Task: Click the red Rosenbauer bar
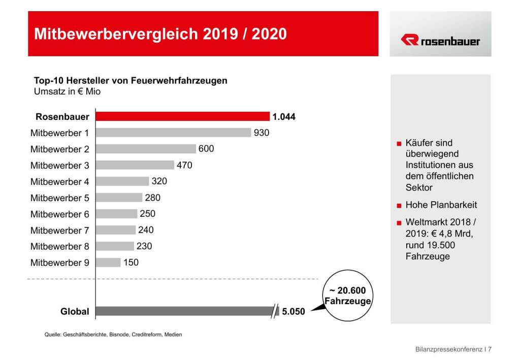183,116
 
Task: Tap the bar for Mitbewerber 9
108,263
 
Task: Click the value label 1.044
284,117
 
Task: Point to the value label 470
184,165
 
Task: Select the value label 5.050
294,312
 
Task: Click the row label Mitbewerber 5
59,198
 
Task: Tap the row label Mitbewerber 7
59,231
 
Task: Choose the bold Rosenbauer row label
62,117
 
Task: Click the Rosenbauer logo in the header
440,41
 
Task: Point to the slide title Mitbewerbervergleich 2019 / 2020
160,34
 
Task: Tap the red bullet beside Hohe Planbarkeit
399,206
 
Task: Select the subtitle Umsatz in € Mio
67,92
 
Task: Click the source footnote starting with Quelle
113,335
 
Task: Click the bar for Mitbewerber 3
135,165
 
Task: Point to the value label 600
206,149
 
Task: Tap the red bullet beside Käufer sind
399,144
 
